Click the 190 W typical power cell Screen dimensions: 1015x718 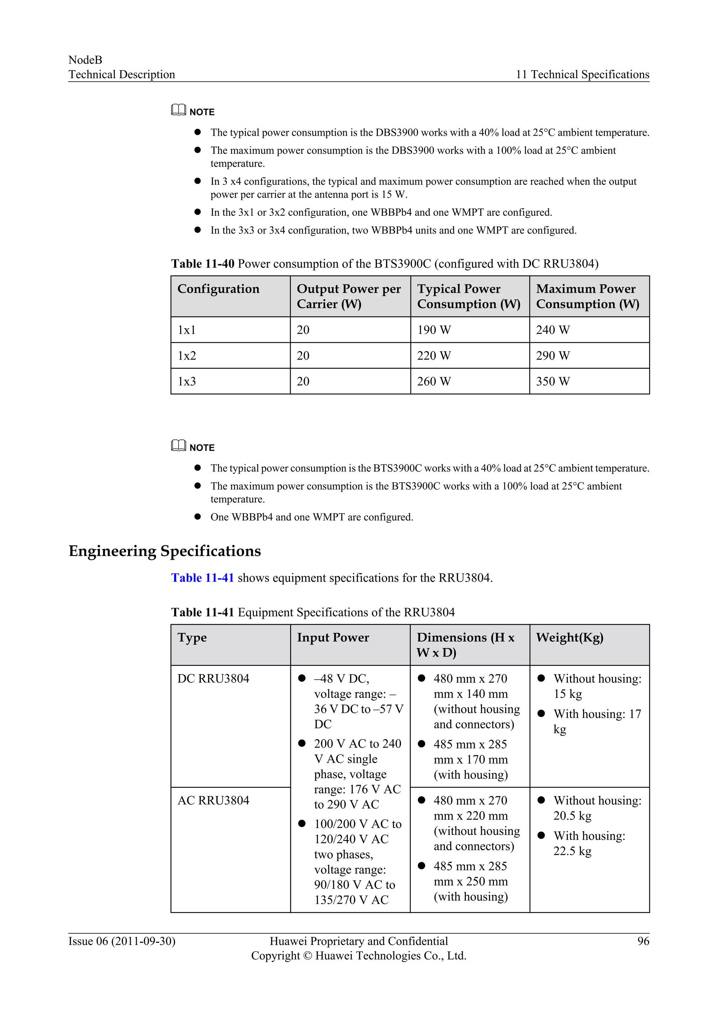[x=434, y=330]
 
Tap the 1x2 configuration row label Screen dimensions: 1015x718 [x=187, y=355]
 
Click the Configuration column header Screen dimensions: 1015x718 [x=218, y=289]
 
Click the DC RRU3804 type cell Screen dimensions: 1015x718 [x=213, y=678]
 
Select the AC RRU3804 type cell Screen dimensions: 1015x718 [x=213, y=800]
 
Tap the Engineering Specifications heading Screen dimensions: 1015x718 [x=164, y=551]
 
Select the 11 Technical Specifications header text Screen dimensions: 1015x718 [x=582, y=74]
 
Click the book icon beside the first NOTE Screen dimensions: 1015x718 [x=178, y=110]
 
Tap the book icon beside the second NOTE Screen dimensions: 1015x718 [x=178, y=445]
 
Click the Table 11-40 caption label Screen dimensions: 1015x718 [x=203, y=264]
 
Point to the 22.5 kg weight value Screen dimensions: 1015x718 [x=572, y=851]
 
